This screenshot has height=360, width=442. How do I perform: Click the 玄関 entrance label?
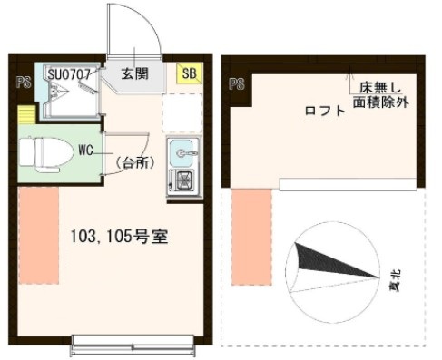point(137,74)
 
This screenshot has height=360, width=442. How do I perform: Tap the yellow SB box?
point(190,74)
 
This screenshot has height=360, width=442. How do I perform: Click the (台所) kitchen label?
point(136,163)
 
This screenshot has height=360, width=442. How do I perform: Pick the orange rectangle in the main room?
point(38,234)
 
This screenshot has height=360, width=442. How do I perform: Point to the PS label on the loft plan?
point(237,84)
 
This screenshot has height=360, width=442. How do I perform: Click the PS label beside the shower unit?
point(22,83)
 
